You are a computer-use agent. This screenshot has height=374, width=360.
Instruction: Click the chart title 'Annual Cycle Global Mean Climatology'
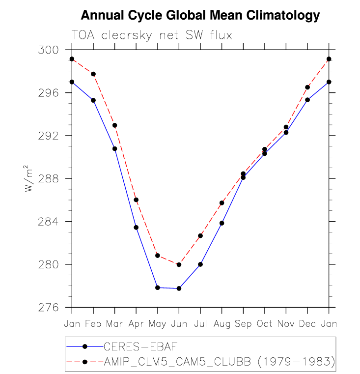click(200, 16)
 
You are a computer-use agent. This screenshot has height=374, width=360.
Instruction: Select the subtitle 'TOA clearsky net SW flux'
click(151, 35)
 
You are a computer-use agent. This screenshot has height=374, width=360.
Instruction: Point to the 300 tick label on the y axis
click(49, 50)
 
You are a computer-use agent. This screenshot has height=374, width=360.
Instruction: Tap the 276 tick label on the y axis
click(49, 307)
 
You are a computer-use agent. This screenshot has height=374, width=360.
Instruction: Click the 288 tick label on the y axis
click(49, 178)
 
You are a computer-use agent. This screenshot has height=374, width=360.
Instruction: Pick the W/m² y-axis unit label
click(29, 178)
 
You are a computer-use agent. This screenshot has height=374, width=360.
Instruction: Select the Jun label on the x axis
click(179, 324)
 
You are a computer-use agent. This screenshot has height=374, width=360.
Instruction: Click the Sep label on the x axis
click(243, 324)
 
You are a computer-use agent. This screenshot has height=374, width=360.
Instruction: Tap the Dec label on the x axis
click(307, 324)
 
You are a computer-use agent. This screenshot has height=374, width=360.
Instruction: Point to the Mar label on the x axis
click(114, 324)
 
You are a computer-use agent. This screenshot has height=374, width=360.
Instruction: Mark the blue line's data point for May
click(158, 288)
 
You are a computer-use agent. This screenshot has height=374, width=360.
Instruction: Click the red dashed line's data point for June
click(179, 264)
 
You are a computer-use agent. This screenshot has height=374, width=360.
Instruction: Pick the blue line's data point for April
click(136, 228)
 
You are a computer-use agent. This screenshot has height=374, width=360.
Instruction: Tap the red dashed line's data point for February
click(93, 74)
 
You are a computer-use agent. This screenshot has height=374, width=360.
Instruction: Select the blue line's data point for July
click(200, 264)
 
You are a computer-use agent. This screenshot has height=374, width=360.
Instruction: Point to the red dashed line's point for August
click(222, 203)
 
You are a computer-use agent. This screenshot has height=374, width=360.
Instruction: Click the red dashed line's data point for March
click(114, 125)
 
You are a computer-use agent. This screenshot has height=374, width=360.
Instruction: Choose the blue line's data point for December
click(307, 100)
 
